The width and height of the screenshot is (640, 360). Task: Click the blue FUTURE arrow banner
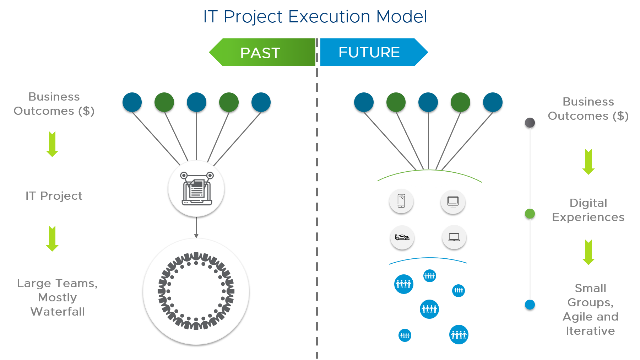(x=371, y=52)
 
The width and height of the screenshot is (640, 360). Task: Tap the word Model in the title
(x=401, y=17)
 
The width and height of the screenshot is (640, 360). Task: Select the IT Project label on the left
(x=54, y=196)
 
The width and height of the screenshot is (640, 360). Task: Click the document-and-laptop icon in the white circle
(x=196, y=188)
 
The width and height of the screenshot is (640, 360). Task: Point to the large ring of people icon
(x=196, y=291)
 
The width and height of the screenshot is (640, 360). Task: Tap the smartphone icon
(x=401, y=201)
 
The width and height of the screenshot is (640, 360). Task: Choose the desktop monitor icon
(x=453, y=202)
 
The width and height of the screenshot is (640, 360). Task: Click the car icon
(x=402, y=237)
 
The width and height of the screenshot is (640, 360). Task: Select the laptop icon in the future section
(x=454, y=237)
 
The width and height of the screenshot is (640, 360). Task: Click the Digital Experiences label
(x=588, y=210)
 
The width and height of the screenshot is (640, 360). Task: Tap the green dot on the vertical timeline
(x=530, y=214)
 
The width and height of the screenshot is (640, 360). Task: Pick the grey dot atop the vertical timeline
(x=530, y=123)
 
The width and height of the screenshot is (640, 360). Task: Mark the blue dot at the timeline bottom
(x=530, y=305)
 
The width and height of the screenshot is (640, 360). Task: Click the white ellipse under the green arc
(x=428, y=179)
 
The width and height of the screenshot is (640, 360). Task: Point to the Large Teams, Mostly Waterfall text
(x=58, y=297)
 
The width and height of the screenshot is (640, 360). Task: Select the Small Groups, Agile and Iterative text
(x=590, y=310)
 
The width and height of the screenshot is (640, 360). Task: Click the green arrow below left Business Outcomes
(x=52, y=144)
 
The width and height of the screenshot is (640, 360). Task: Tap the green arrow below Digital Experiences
(x=589, y=252)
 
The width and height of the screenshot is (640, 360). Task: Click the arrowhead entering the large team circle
(x=196, y=236)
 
